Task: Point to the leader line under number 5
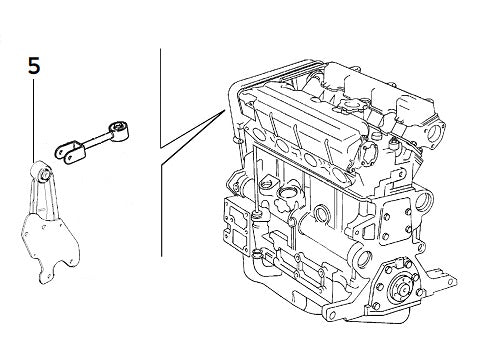pos(34,120)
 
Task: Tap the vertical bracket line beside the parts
pos(161,100)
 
